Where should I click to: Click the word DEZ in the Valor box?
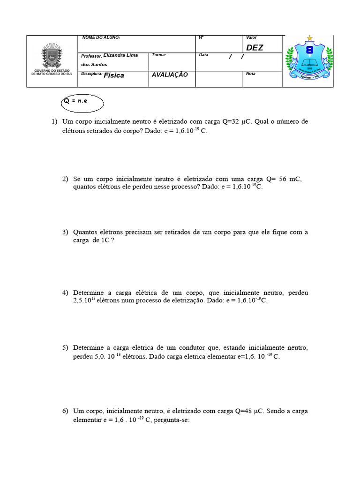[x=255, y=47]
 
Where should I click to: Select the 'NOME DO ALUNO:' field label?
[x=101, y=37]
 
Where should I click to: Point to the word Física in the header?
[x=114, y=75]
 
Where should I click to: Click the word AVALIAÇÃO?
[x=170, y=75]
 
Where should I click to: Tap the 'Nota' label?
[x=251, y=74]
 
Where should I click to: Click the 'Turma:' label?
[x=159, y=55]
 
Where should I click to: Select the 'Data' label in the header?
[x=203, y=55]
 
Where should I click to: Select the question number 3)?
[x=65, y=232]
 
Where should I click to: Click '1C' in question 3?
[x=105, y=240]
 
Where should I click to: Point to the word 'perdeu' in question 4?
[x=298, y=292]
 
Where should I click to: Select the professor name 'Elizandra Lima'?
[x=121, y=55]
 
